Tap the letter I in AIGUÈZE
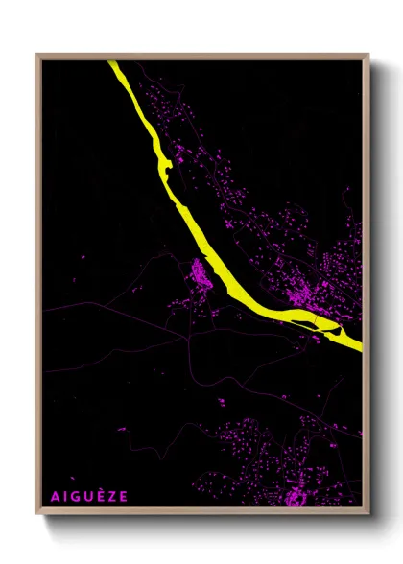click(63, 496)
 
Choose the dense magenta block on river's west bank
click(201, 272)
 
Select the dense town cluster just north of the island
click(305, 294)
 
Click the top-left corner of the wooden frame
click(36, 54)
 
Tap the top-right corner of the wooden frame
click(368, 54)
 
